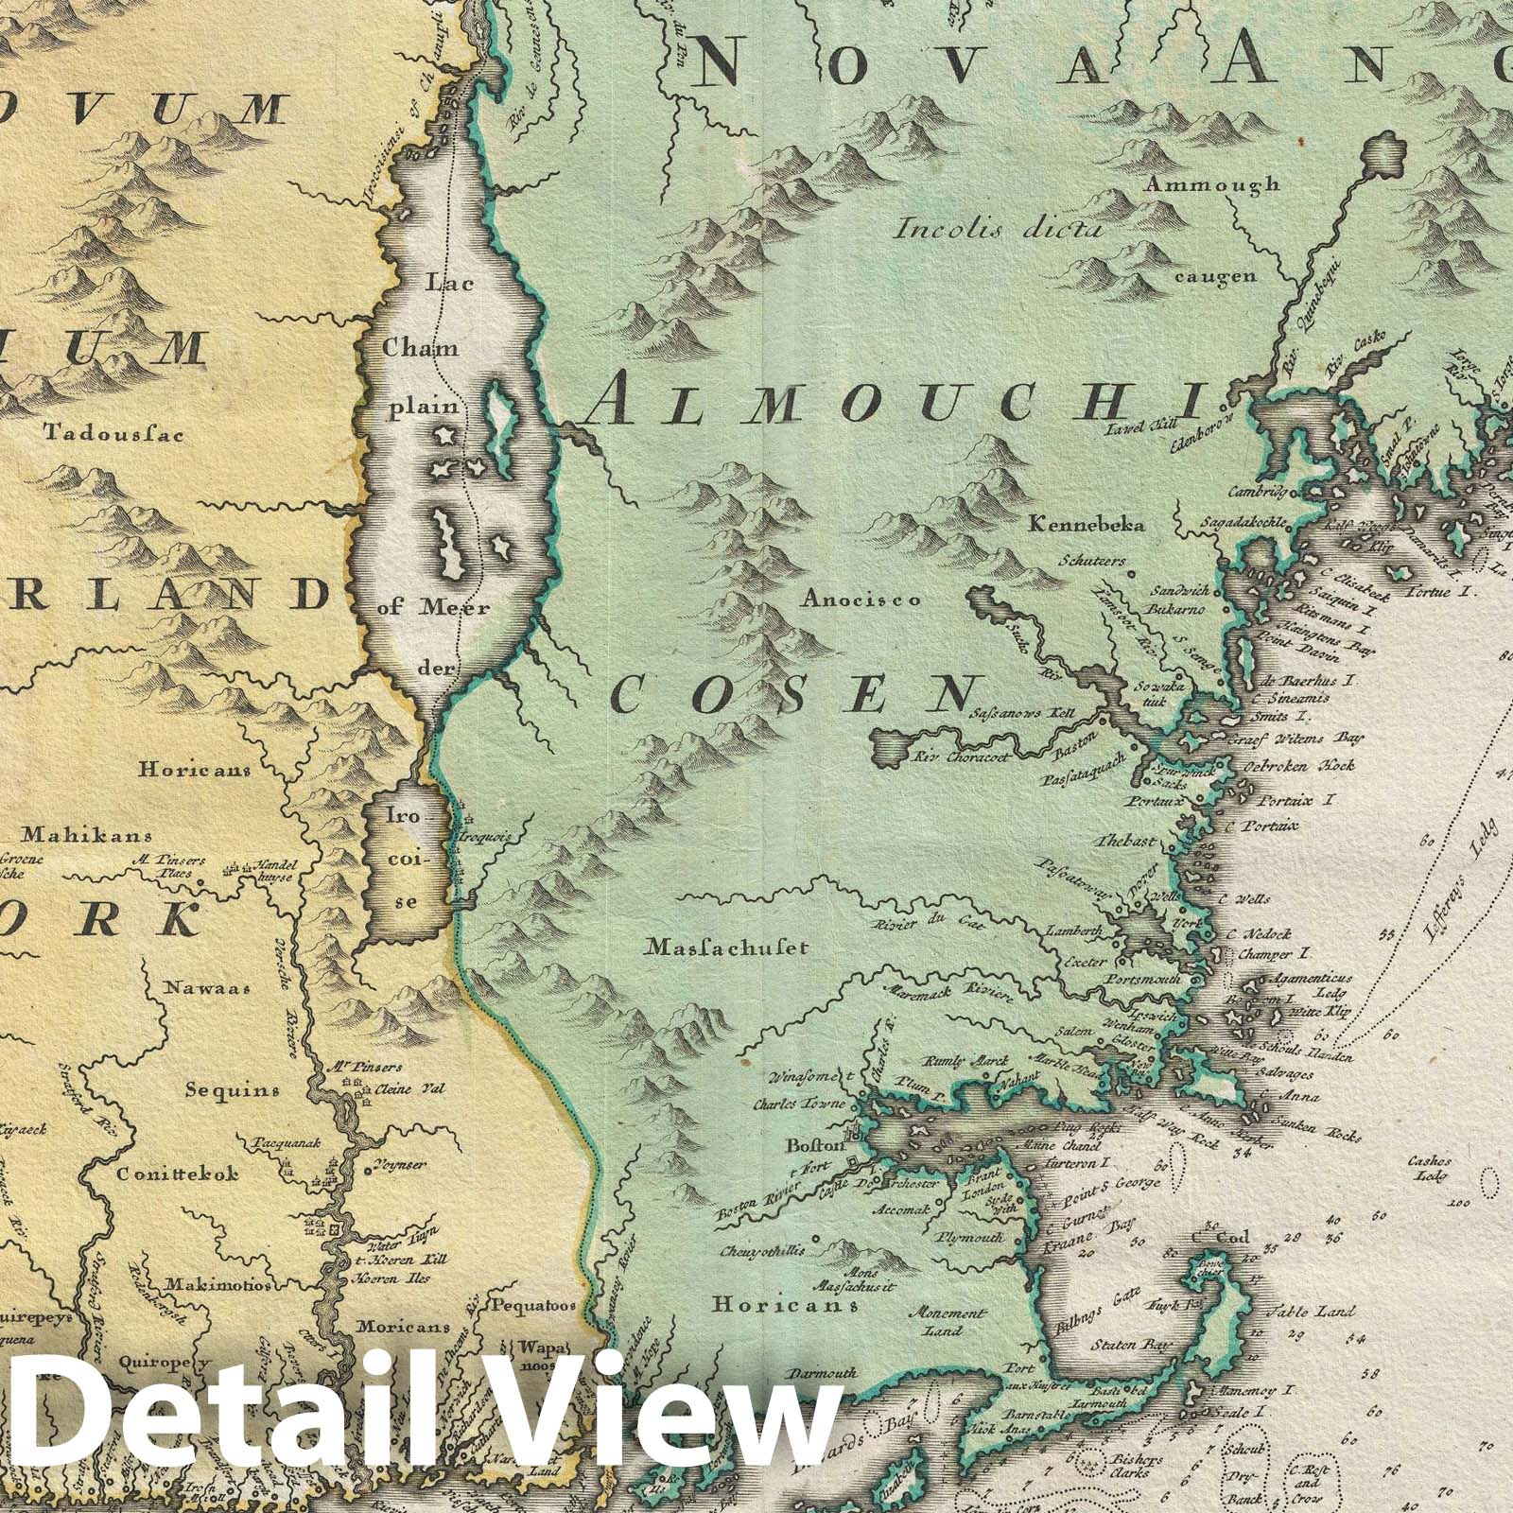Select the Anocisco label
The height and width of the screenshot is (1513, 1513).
click(861, 599)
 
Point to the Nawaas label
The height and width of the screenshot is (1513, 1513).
click(204, 989)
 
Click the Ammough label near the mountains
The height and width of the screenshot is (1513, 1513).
click(1212, 185)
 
